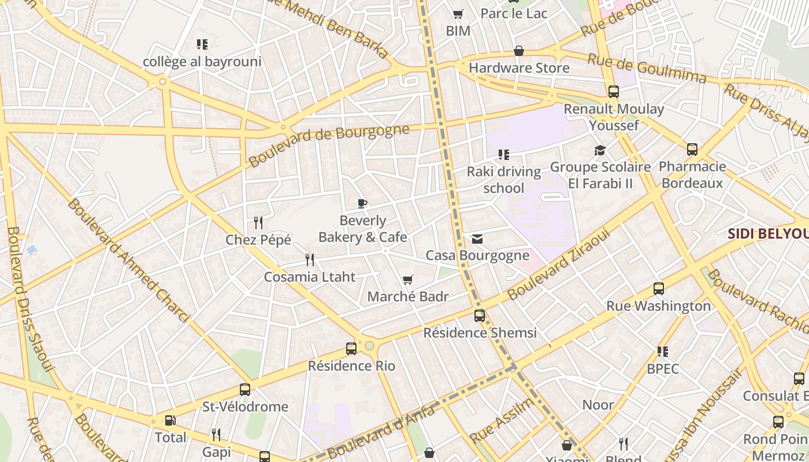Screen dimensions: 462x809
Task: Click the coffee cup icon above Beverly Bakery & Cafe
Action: coord(362,203)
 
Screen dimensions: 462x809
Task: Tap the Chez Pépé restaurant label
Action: coord(258,240)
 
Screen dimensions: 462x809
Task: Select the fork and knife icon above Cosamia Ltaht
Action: coord(310,260)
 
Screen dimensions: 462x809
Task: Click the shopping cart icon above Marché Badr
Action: coord(408,280)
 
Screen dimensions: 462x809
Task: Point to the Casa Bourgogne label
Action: coord(477,255)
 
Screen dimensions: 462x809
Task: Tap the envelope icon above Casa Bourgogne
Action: coord(477,239)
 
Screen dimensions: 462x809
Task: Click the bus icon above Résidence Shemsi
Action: coord(480,316)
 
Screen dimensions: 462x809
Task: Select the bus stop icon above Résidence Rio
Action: coord(351,349)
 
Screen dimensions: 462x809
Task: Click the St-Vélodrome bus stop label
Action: coord(245,407)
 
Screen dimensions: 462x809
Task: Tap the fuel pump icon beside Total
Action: coord(170,421)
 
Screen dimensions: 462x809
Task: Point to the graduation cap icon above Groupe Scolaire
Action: coord(600,151)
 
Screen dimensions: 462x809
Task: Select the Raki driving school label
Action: coord(503,180)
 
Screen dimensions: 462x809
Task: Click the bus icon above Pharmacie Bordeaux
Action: coord(692,150)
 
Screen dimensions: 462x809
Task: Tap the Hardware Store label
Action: coord(519,68)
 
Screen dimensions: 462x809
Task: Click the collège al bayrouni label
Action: coord(202,62)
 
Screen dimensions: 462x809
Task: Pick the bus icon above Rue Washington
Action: coord(658,289)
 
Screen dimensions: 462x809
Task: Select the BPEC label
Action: coord(663,368)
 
